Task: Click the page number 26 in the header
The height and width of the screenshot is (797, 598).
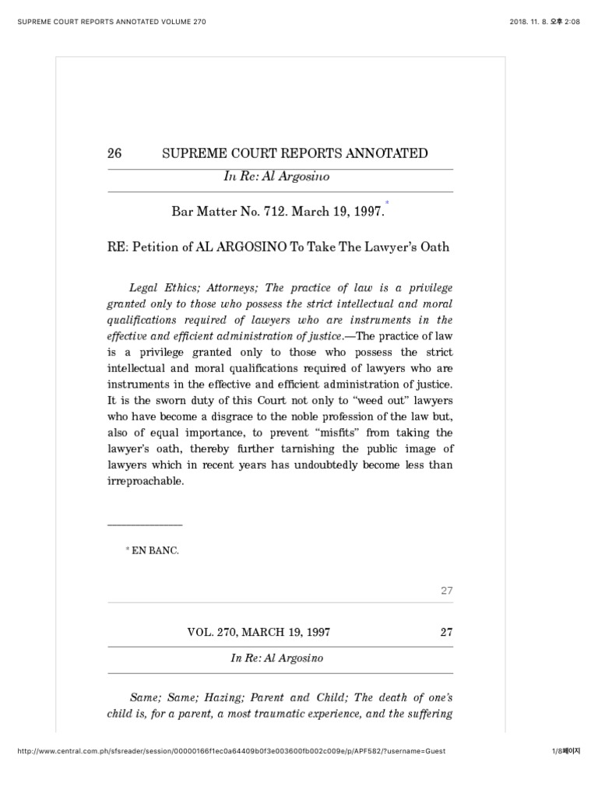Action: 115,153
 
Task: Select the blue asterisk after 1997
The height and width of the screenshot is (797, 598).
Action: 386,203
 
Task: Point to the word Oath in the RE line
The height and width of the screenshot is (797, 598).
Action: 434,248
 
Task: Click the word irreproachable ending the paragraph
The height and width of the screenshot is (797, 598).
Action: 146,481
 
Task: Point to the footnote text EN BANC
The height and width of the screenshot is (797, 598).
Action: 156,550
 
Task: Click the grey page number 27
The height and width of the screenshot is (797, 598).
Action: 446,591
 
